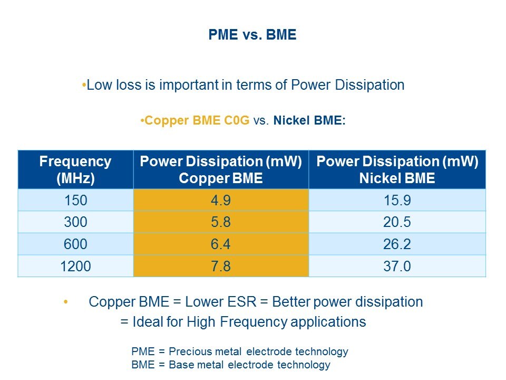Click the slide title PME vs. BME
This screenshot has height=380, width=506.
click(x=252, y=35)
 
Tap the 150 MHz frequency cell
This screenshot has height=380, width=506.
click(x=75, y=200)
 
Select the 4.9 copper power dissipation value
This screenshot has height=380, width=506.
click(x=221, y=200)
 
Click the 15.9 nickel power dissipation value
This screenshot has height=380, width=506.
click(x=397, y=200)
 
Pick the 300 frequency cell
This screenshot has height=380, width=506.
click(x=75, y=222)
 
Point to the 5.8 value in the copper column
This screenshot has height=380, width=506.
click(x=221, y=222)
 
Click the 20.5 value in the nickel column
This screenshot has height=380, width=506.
click(x=397, y=222)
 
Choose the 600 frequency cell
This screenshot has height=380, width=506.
click(x=75, y=244)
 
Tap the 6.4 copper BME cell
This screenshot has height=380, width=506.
click(x=221, y=244)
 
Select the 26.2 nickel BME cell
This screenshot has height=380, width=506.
click(x=397, y=244)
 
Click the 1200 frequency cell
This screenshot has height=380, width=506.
click(x=75, y=266)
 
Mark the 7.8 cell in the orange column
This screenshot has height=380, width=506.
click(x=221, y=266)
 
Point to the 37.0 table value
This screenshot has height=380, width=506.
click(x=397, y=266)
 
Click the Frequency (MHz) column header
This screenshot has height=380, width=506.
click(x=75, y=169)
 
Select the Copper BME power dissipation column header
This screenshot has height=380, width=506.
click(x=221, y=169)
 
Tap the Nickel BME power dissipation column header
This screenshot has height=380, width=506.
click(x=397, y=169)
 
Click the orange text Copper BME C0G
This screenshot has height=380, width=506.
click(x=197, y=120)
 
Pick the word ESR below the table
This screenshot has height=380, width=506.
click(x=242, y=302)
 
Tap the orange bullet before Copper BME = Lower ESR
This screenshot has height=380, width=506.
click(x=66, y=302)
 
